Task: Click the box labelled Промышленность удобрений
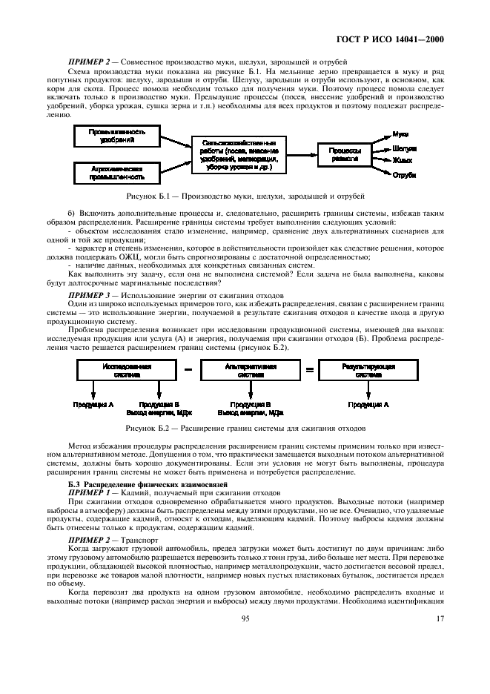pyautogui.click(x=118, y=136)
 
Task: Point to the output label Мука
pyautogui.click(x=401, y=133)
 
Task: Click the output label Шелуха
pyautogui.click(x=404, y=148)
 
